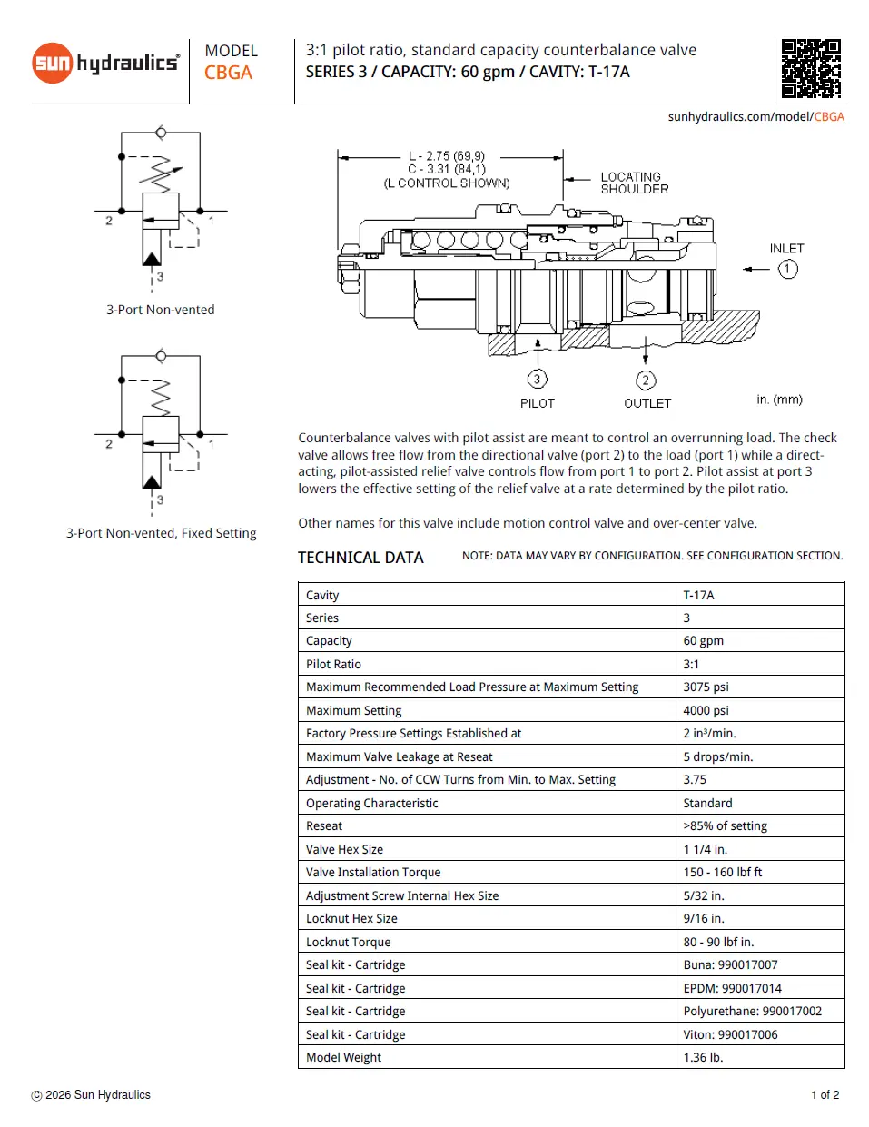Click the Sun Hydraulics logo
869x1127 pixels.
(x=105, y=63)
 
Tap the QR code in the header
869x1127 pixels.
(x=811, y=68)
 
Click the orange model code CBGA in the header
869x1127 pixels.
(x=228, y=73)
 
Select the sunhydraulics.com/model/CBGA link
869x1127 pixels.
(x=755, y=116)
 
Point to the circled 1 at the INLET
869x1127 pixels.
(x=787, y=269)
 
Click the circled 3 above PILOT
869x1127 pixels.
(x=537, y=379)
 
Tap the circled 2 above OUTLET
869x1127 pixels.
(x=646, y=380)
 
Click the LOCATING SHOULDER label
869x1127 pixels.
(x=634, y=183)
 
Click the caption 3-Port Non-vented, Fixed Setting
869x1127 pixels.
(x=161, y=533)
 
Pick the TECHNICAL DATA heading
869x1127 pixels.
(x=360, y=558)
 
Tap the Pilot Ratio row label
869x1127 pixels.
(x=333, y=664)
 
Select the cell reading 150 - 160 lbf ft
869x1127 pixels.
(x=722, y=872)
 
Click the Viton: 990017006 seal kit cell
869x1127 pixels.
(x=730, y=1034)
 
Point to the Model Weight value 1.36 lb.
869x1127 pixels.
(x=703, y=1057)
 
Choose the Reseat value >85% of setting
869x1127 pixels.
(x=725, y=825)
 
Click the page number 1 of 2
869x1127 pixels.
(x=825, y=1094)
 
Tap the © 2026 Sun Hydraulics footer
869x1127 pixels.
(x=91, y=1094)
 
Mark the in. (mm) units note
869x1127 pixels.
(x=779, y=400)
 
